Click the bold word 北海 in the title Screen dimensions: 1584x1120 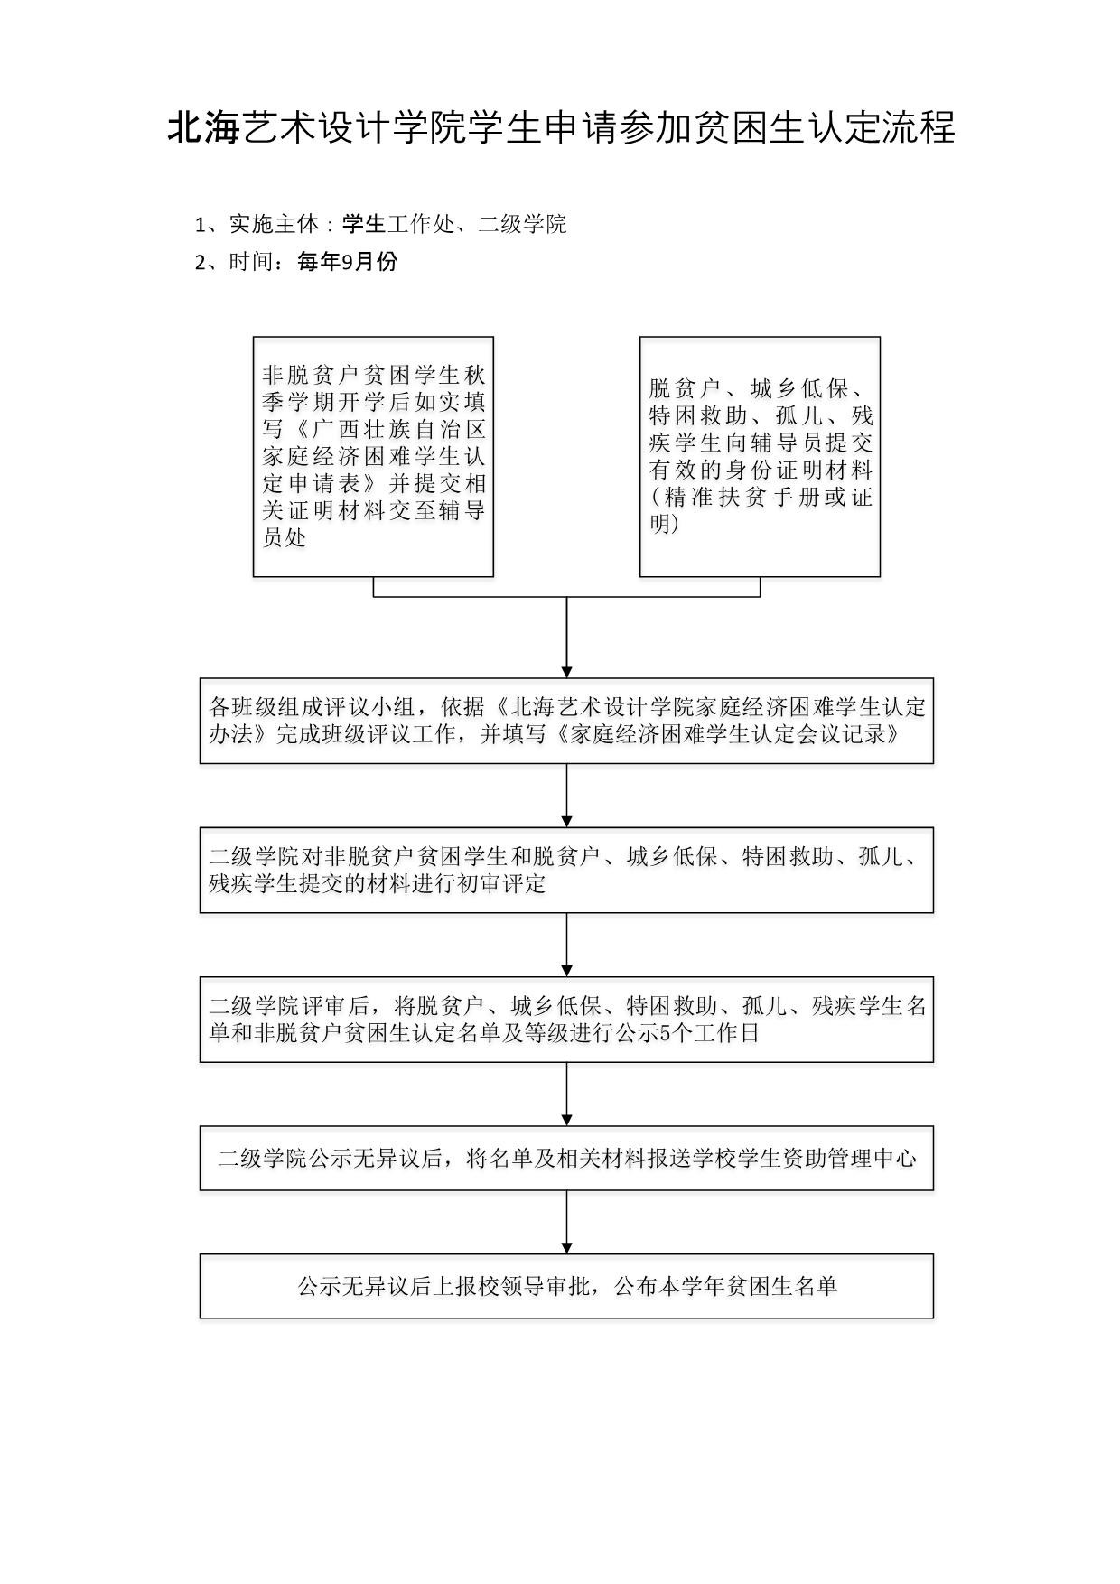(204, 128)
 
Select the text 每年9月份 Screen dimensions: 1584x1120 (347, 262)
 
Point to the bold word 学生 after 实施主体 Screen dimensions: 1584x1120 (364, 224)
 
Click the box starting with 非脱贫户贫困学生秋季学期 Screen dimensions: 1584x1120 (373, 456)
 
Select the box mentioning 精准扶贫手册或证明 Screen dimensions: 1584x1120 (760, 456)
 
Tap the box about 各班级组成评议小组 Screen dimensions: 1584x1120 (566, 720)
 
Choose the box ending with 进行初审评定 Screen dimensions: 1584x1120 (566, 869)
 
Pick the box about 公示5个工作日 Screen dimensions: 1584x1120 (566, 1019)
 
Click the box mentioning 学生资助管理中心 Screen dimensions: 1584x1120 (566, 1158)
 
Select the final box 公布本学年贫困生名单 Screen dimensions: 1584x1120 (566, 1285)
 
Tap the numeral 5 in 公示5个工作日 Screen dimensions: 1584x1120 (666, 1033)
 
